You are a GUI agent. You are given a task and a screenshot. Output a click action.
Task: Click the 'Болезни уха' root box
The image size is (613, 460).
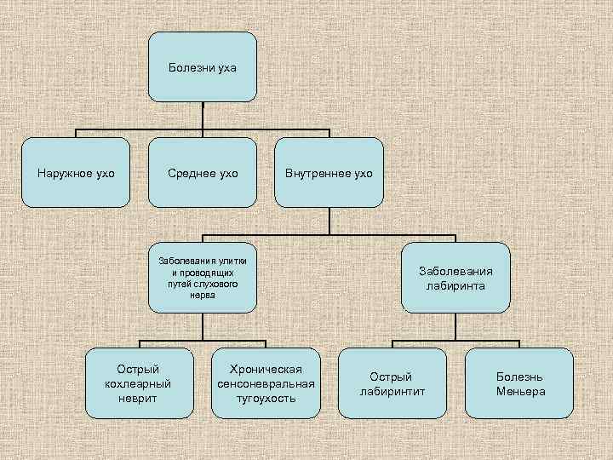(x=203, y=66)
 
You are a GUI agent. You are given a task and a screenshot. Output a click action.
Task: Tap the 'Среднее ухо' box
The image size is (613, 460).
(x=203, y=173)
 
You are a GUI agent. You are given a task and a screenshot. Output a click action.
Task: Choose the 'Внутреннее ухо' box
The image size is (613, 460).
(x=329, y=173)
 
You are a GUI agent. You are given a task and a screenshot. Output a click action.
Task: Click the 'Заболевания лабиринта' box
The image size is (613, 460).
(x=455, y=279)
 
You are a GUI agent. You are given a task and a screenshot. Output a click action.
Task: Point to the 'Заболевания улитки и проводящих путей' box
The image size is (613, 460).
(x=203, y=278)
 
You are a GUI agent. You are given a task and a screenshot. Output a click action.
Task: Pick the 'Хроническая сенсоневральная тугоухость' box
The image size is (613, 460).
(x=266, y=383)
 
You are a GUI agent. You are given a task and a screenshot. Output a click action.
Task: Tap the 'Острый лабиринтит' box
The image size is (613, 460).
(x=391, y=383)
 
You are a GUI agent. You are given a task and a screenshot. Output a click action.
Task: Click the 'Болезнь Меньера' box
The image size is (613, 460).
(x=519, y=383)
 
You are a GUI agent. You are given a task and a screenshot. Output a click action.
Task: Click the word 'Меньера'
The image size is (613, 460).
(x=520, y=392)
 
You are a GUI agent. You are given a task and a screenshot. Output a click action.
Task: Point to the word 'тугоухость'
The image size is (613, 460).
(x=266, y=398)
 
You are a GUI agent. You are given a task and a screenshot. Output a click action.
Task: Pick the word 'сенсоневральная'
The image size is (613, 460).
(x=266, y=383)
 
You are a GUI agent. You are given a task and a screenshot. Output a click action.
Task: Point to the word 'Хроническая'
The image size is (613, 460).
(x=266, y=369)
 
